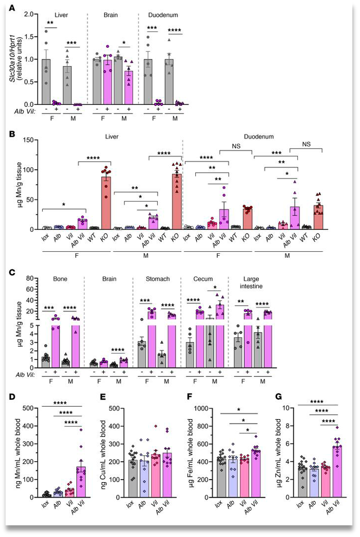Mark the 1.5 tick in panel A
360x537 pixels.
click(x=30, y=37)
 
